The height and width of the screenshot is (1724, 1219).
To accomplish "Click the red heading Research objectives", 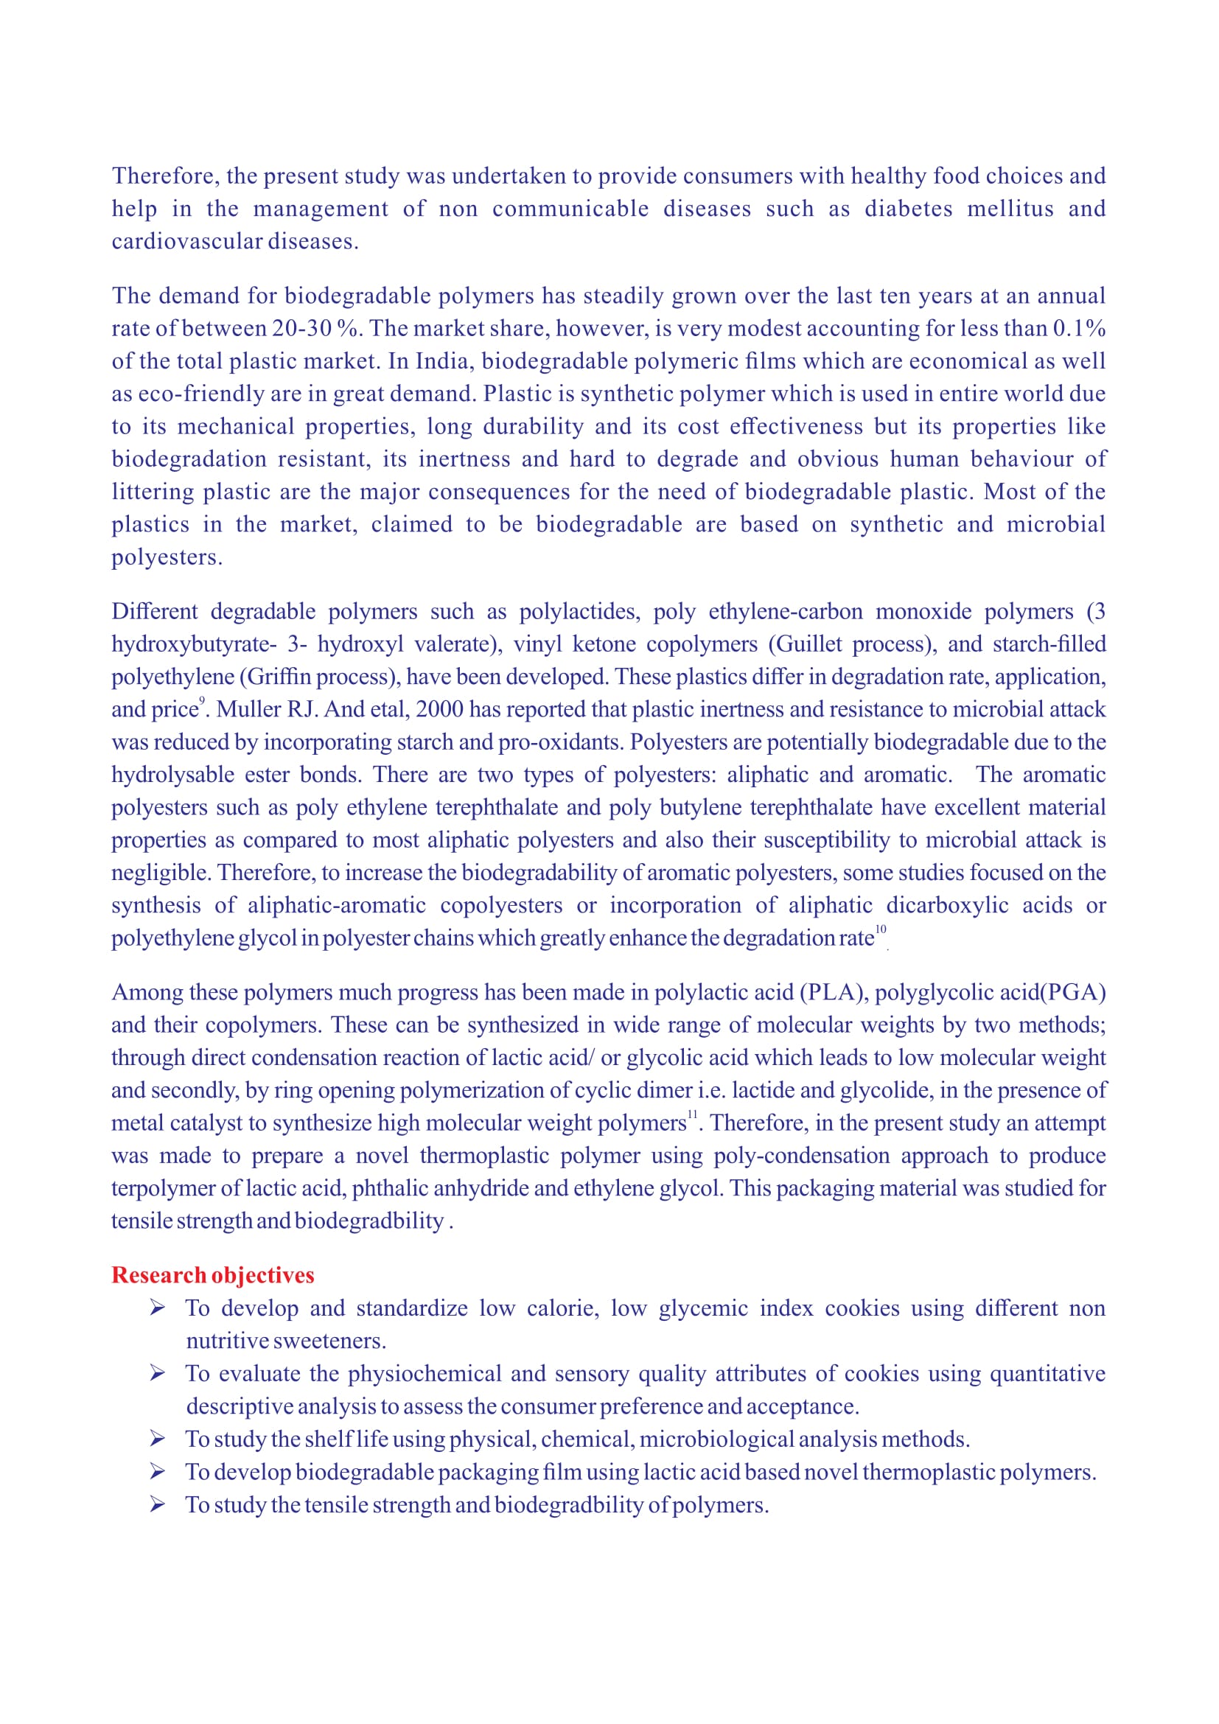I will click(x=212, y=1275).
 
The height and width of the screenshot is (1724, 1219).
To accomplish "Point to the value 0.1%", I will click(x=1079, y=328).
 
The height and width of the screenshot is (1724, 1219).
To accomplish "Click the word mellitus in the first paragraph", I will click(x=1010, y=208).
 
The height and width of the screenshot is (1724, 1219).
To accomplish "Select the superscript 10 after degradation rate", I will click(x=881, y=929).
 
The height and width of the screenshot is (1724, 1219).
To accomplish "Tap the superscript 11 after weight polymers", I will click(x=692, y=1114).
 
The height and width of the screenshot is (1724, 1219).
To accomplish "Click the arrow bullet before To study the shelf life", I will click(x=157, y=1439).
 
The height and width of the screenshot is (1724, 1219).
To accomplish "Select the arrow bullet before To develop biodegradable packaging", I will click(x=157, y=1472).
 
